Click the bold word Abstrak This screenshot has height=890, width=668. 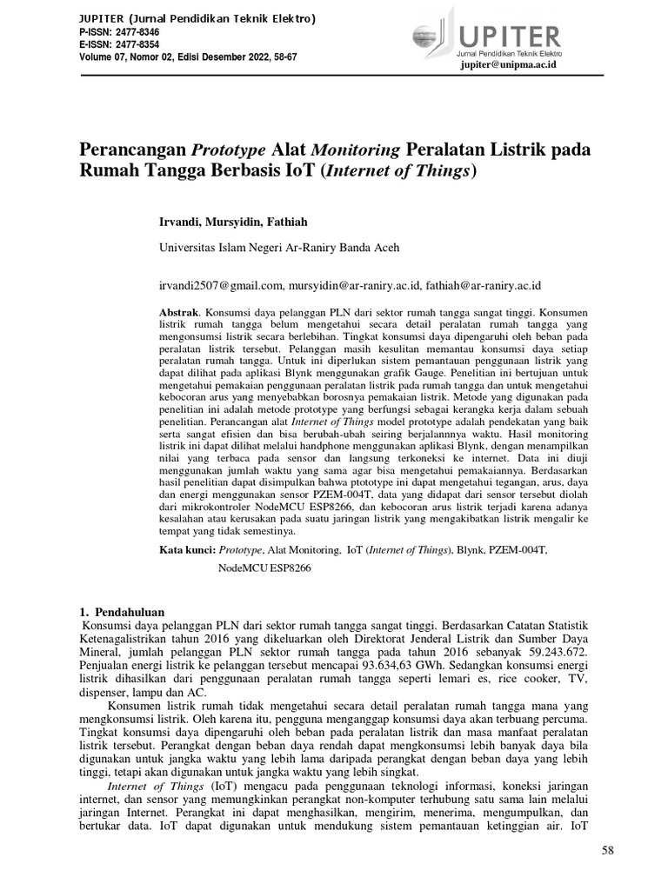tap(180, 310)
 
